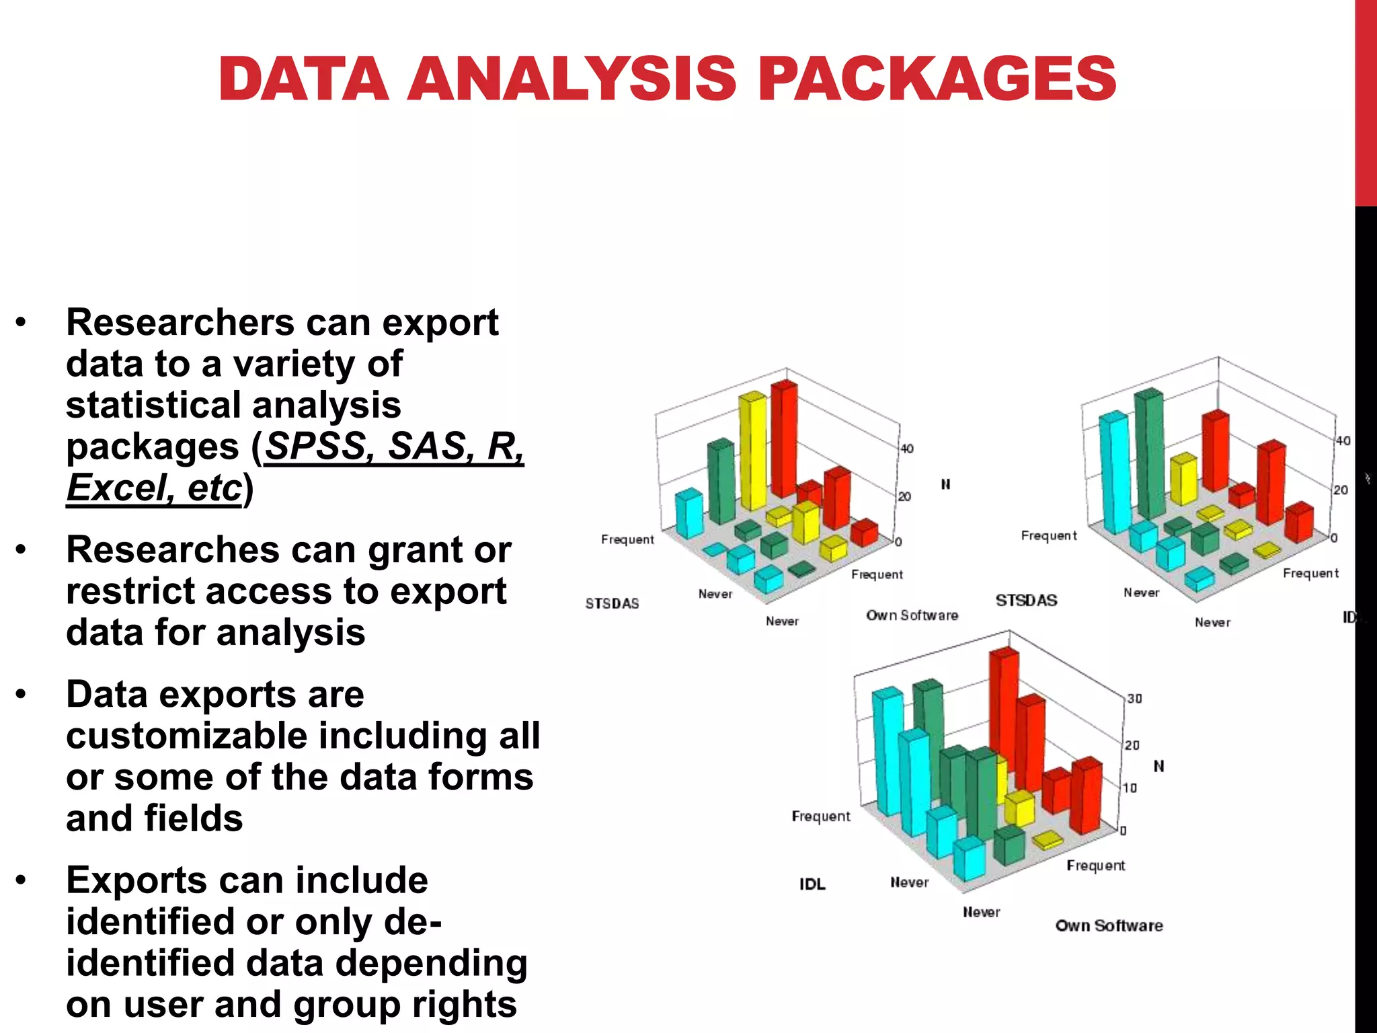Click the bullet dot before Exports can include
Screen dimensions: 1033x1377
click(22, 880)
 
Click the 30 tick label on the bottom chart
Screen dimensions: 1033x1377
click(1134, 699)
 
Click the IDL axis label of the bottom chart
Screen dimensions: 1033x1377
click(812, 884)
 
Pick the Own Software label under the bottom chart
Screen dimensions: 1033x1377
click(1109, 926)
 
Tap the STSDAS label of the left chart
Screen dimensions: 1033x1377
click(612, 604)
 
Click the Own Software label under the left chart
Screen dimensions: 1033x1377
click(912, 615)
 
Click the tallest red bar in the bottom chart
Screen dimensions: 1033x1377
click(1005, 720)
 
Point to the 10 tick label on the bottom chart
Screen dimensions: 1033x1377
click(1130, 788)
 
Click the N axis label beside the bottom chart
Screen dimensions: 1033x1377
click(1158, 766)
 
